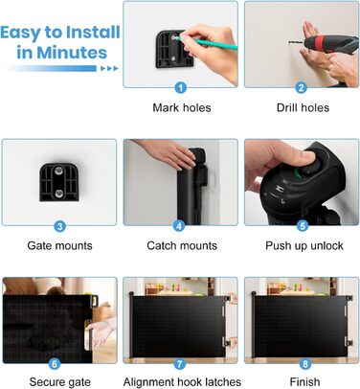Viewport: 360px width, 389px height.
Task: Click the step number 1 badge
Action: tap(181, 87)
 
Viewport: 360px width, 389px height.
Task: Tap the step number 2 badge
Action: tap(301, 87)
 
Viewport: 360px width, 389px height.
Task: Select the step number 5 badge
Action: tap(303, 225)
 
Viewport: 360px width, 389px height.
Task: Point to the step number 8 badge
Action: tap(305, 363)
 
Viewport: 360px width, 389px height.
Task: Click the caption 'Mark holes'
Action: tap(182, 107)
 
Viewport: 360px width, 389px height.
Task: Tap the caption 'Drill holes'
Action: tap(303, 107)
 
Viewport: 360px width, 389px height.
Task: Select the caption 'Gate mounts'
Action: tap(59, 245)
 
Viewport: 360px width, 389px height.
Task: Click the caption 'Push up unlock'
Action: tap(304, 246)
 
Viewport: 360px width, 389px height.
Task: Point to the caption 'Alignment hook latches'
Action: tap(182, 382)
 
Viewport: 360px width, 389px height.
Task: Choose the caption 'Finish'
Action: tap(304, 382)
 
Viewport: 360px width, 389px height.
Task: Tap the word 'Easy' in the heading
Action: tap(21, 34)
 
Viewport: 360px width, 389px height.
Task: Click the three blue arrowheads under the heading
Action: tap(109, 68)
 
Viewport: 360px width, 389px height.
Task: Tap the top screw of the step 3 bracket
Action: tap(59, 172)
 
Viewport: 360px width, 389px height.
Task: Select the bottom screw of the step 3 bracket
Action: tap(59, 193)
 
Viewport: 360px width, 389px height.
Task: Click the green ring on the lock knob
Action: tap(298, 173)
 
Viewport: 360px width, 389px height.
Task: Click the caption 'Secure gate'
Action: tap(59, 382)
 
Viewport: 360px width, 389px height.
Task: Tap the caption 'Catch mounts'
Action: tap(182, 245)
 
